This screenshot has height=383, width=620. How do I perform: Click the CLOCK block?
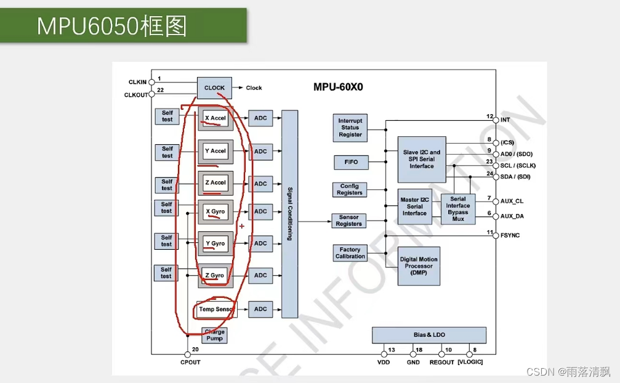(x=214, y=88)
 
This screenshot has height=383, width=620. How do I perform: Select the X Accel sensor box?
(x=215, y=118)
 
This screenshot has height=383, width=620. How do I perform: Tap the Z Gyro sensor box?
(x=215, y=275)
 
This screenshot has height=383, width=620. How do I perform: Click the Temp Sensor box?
(x=215, y=309)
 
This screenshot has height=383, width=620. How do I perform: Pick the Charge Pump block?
(x=214, y=336)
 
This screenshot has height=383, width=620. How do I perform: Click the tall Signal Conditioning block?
(x=289, y=213)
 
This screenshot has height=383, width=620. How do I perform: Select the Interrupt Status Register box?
(x=350, y=128)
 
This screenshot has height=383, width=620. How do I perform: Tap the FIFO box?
(x=350, y=162)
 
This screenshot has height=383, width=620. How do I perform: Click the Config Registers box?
(x=350, y=189)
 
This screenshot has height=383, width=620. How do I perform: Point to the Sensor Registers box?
(x=349, y=221)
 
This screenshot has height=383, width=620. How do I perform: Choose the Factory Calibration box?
(x=350, y=253)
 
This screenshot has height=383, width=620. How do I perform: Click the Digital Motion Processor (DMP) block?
(x=419, y=266)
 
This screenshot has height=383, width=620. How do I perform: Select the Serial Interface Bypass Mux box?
(x=458, y=209)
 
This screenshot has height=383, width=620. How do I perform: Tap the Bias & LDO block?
(x=429, y=335)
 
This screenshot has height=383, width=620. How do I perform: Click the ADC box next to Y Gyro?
(x=260, y=244)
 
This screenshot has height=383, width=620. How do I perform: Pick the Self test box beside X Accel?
(x=167, y=116)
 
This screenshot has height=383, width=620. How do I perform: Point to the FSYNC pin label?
(x=510, y=235)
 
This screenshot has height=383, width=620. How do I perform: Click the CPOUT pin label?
(x=190, y=362)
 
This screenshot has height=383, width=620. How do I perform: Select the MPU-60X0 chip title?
(x=338, y=87)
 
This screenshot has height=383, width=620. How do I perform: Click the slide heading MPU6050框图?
(x=111, y=27)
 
